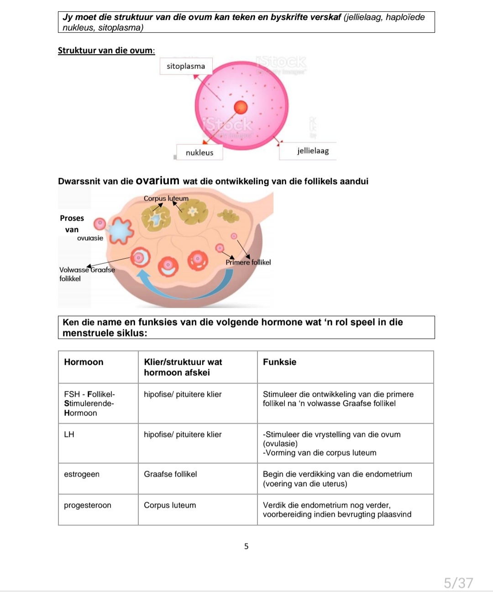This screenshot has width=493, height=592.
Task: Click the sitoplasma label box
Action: click(186, 66)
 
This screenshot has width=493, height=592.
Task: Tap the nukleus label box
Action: click(199, 152)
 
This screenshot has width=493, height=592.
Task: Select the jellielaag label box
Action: click(313, 151)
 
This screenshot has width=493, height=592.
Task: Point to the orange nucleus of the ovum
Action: click(241, 107)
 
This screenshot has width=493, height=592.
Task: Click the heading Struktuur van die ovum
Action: click(106, 50)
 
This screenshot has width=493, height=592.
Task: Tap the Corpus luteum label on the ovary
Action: click(166, 199)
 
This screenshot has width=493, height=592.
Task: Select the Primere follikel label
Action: click(248, 262)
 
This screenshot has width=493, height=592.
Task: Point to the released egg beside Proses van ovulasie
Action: click(100, 224)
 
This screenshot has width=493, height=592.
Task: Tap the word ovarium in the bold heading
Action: click(157, 181)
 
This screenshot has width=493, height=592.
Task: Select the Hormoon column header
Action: click(84, 362)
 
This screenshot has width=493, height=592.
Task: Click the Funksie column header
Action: click(279, 362)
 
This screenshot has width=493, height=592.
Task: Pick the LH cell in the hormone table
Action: click(69, 435)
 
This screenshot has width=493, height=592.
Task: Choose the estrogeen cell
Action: click(82, 474)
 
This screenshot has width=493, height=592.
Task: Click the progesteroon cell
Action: click(88, 505)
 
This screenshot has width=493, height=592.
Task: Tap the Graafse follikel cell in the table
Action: click(170, 474)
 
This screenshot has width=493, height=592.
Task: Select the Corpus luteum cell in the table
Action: click(170, 505)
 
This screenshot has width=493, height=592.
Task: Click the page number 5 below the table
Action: click(246, 546)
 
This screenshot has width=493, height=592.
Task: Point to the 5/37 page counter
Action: click(458, 583)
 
